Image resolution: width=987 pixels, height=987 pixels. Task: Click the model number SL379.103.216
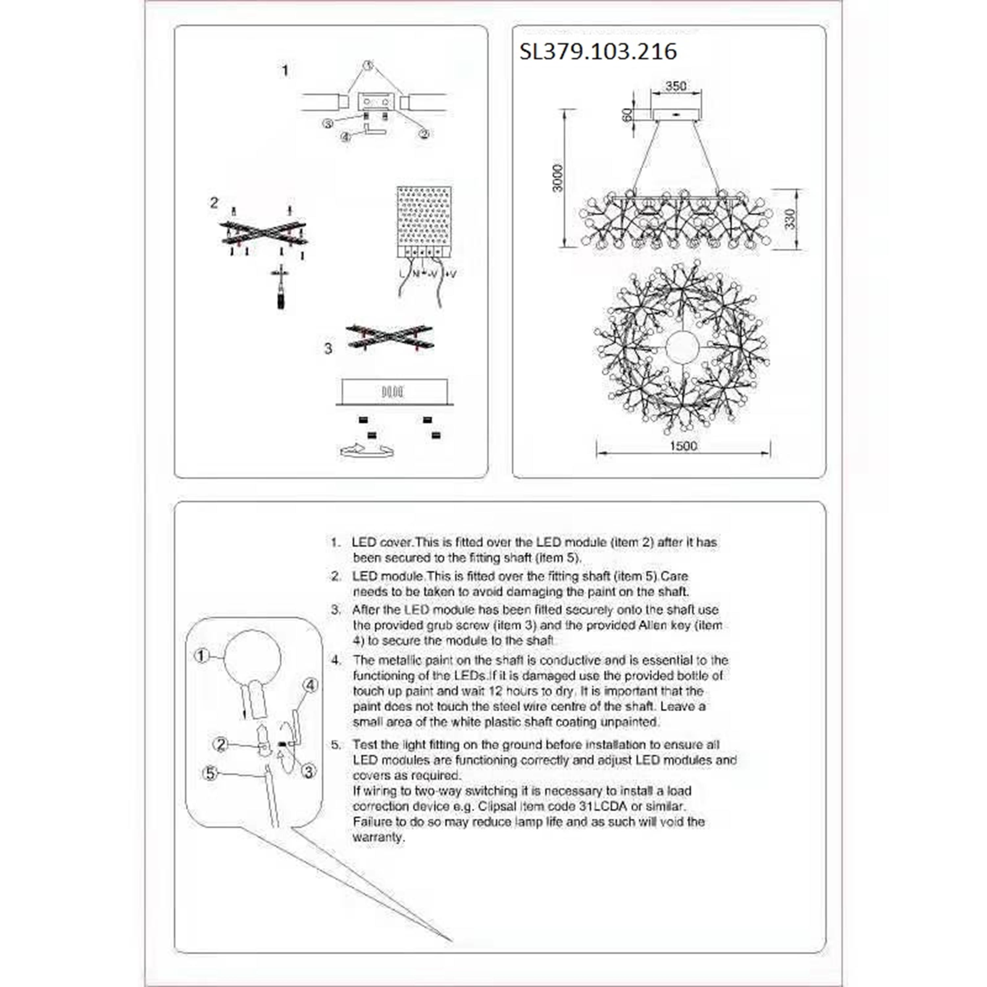pyautogui.click(x=598, y=52)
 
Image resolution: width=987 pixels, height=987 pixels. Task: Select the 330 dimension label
pyautogui.click(x=790, y=219)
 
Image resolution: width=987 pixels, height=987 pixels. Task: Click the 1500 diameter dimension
pyautogui.click(x=683, y=446)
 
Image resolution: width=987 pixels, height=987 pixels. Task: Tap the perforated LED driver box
pyautogui.click(x=424, y=222)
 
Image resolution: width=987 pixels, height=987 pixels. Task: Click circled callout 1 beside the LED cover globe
pyautogui.click(x=202, y=656)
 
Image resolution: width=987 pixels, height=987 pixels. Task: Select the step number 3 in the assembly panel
pyautogui.click(x=328, y=348)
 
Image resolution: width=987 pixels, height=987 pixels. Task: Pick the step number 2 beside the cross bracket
pyautogui.click(x=214, y=203)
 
